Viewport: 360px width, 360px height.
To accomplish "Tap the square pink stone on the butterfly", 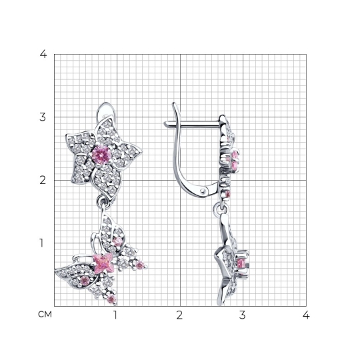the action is pos(103,263).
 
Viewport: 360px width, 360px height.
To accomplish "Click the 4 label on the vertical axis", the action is pos(43,54).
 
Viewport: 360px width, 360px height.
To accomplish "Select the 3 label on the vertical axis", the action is pos(43,117).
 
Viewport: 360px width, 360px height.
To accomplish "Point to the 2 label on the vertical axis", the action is pos(43,181).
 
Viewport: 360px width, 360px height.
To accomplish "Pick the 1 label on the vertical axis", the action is pos(41,243).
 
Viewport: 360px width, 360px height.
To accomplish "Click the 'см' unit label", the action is pos(45,315).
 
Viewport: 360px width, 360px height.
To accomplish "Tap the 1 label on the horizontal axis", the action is pos(115,315).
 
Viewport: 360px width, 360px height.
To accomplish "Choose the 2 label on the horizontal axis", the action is pos(179,315).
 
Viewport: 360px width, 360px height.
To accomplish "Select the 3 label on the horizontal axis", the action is pos(243,315).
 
